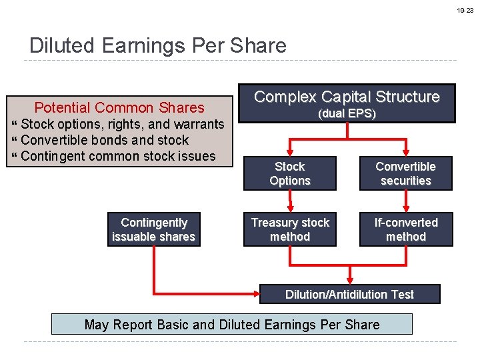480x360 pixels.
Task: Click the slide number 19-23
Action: point(465,11)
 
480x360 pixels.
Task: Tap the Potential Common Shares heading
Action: point(119,107)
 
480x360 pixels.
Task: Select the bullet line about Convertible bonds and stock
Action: point(105,140)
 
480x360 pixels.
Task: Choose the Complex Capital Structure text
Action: point(347,97)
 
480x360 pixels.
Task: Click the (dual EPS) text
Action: point(347,114)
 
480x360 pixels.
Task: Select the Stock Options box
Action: point(290,173)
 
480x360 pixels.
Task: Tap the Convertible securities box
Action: point(405,173)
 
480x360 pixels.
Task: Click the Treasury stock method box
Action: point(290,229)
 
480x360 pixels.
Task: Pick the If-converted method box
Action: point(405,229)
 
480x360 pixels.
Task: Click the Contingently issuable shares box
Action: point(153,229)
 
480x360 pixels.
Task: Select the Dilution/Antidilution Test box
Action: point(349,294)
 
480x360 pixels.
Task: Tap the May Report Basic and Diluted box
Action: point(232,325)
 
